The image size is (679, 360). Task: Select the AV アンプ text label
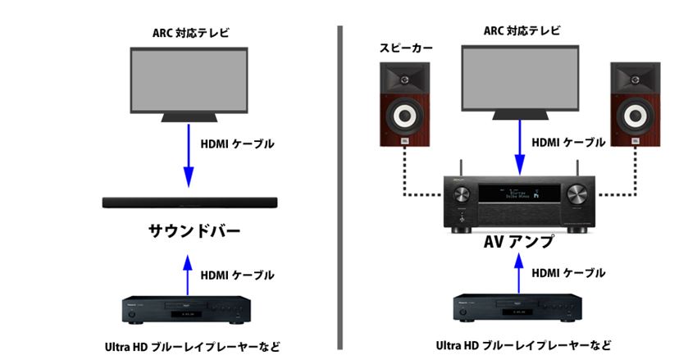[519, 242]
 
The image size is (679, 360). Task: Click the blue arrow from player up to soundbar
[188, 274]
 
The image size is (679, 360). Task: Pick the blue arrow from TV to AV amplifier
[518, 148]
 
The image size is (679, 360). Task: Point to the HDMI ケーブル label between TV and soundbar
[237, 144]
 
